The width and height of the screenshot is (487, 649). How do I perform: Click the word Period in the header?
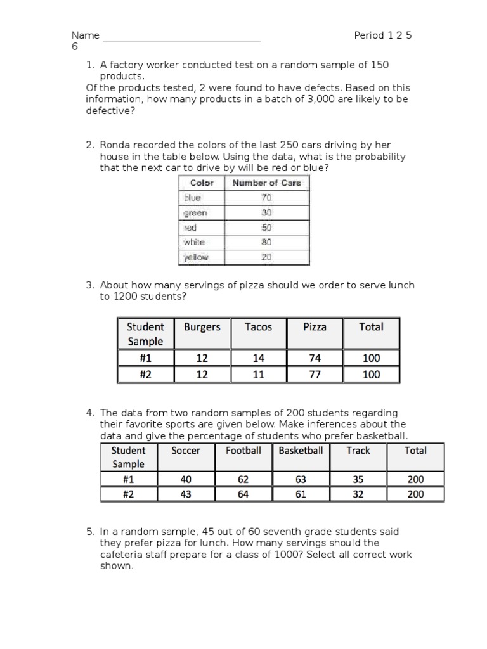(x=368, y=35)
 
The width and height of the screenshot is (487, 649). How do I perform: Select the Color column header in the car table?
(x=202, y=183)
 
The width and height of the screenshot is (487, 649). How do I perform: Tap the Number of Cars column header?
(x=267, y=183)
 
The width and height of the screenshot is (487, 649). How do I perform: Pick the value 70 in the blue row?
(x=266, y=198)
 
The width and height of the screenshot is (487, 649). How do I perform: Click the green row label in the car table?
(x=195, y=213)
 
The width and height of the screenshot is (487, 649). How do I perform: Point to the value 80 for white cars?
(x=266, y=242)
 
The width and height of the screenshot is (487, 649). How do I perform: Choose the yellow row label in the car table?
(x=196, y=257)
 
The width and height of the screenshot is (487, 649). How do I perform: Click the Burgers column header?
(x=202, y=327)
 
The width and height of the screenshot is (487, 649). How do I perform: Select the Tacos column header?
(x=258, y=327)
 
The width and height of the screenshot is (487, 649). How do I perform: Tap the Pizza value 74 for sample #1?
(x=315, y=358)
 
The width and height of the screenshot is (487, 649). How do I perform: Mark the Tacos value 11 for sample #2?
(x=258, y=375)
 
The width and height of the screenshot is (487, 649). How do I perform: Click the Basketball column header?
(x=301, y=451)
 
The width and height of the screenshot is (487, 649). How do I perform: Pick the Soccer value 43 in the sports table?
(x=186, y=494)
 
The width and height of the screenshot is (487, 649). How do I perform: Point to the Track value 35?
(x=358, y=480)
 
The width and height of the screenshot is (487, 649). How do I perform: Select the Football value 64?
(x=243, y=494)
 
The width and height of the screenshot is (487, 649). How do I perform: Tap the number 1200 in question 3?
(x=126, y=297)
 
